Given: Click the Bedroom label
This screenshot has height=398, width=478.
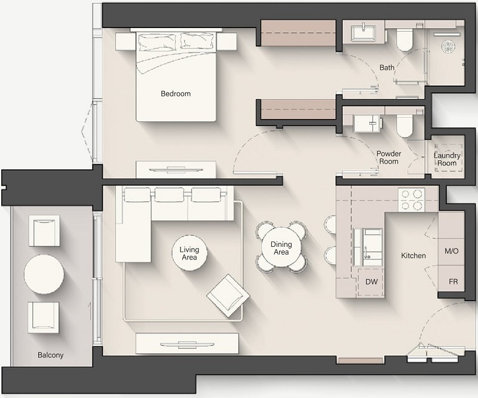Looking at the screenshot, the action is click(176, 94).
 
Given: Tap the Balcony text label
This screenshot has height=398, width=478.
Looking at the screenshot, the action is click(51, 355).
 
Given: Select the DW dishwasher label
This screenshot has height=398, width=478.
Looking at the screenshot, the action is click(371, 282).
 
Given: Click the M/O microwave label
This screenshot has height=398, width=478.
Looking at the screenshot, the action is click(452, 251).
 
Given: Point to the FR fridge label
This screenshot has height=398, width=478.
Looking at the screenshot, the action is click(454, 281).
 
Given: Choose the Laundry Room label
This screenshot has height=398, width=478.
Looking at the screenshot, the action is click(447, 159).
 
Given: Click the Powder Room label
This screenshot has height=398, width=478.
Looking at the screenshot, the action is click(389, 157).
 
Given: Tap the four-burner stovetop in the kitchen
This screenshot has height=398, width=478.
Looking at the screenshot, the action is click(411, 200).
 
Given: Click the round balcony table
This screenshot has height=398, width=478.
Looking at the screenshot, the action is click(44, 274).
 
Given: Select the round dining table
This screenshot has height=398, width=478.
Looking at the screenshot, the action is click(281, 247).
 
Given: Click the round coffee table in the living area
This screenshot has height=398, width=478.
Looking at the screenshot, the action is click(189, 253).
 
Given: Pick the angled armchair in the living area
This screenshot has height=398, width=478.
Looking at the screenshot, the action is click(228, 296).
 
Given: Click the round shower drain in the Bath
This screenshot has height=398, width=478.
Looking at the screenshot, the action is click(447, 47).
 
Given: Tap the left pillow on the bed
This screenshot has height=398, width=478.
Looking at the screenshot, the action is click(157, 42).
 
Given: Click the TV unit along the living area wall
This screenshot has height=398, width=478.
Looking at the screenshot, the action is click(187, 344).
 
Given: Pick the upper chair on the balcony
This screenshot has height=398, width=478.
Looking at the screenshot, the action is click(44, 231).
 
